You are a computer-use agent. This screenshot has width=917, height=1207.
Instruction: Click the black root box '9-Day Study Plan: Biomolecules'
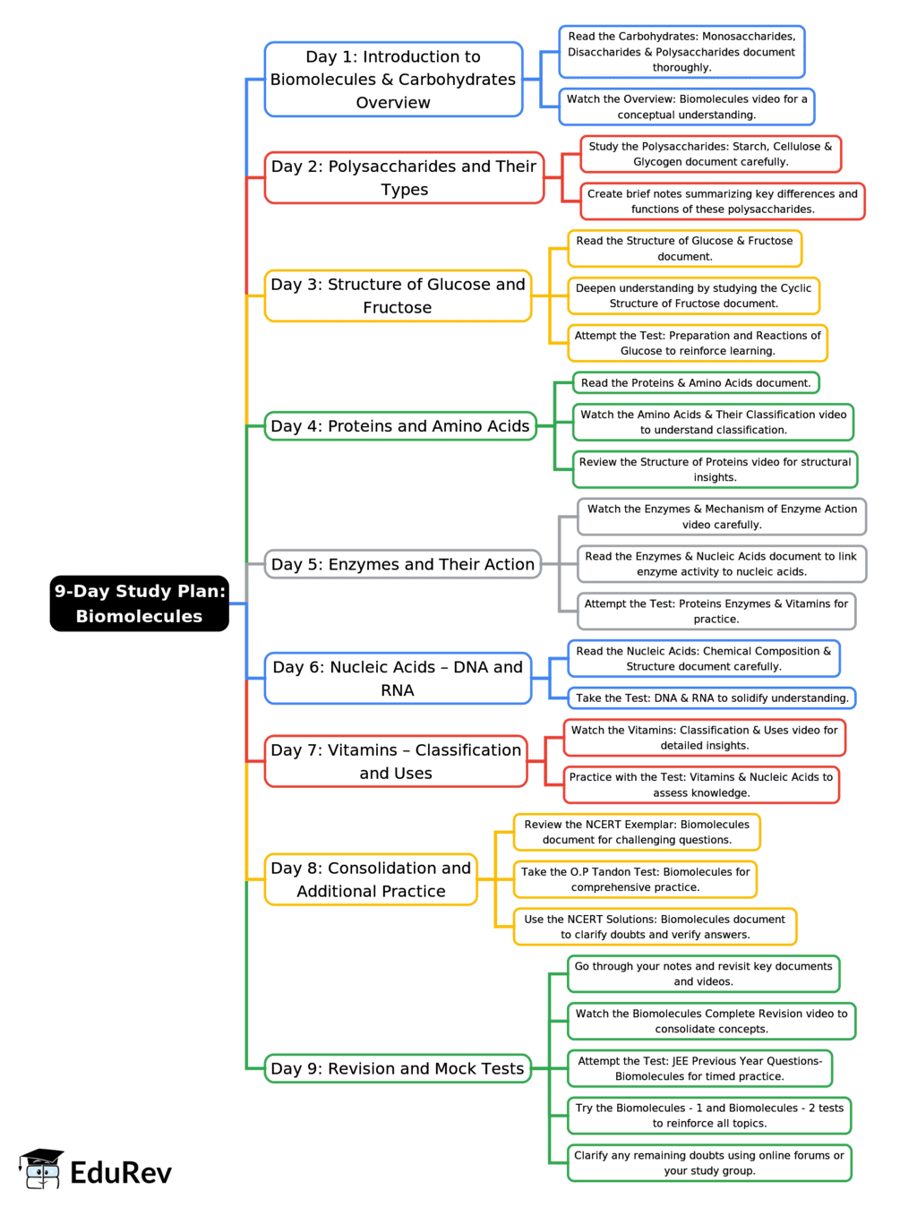point(139,603)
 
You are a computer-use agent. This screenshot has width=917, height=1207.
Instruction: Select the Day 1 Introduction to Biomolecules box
point(393,80)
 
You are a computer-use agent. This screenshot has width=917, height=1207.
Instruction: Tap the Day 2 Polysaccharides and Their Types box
point(404,178)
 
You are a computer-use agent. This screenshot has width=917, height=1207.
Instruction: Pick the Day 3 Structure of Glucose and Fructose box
point(398,295)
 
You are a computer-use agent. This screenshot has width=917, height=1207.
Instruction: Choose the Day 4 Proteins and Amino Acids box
point(399,426)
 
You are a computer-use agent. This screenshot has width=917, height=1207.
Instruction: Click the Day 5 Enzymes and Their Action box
point(402,564)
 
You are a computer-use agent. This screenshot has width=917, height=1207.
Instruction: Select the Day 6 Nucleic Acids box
point(398,679)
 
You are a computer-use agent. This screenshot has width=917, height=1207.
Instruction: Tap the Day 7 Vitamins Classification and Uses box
point(396,761)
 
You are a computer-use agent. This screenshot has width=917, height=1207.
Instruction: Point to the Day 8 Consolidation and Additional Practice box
point(371,879)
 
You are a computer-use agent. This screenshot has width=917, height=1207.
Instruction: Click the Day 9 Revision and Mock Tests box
point(398,1068)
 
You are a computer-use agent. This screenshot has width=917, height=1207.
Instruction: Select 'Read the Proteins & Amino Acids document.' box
point(696,383)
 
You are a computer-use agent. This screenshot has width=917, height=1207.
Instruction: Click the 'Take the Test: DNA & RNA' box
point(712,698)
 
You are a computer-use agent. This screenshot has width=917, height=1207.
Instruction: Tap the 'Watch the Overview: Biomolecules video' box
point(686,107)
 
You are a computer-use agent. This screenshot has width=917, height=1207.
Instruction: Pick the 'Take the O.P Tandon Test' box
point(635,879)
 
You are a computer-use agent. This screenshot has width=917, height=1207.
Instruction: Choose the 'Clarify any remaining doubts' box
point(708,1163)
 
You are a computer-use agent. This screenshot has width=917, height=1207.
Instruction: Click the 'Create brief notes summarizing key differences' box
point(722,201)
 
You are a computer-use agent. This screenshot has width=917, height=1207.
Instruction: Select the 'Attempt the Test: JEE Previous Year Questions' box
point(699,1068)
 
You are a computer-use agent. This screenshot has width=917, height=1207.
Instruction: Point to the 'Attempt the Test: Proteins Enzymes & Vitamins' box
point(716,612)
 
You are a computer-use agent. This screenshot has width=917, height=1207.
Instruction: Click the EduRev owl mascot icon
point(41,1168)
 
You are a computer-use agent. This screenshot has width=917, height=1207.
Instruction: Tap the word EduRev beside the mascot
point(121,1173)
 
